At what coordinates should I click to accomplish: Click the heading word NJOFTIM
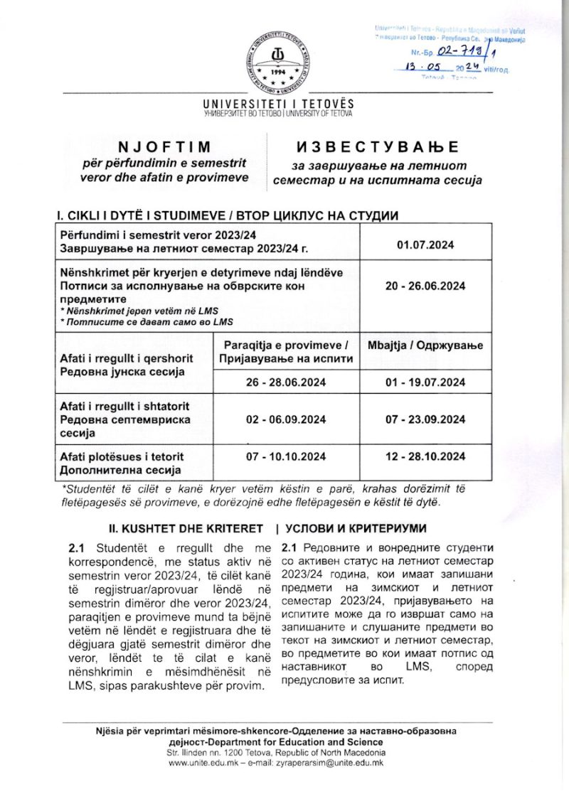[165, 147]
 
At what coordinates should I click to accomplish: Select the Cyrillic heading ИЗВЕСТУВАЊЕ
[378, 147]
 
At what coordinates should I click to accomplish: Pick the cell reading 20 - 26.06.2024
[425, 286]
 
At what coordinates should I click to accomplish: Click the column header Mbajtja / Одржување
[425, 345]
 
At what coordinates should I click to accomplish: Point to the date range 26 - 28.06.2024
[286, 382]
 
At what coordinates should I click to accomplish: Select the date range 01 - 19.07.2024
[425, 382]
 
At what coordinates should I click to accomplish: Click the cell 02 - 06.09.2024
[286, 419]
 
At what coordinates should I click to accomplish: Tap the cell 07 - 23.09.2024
[425, 419]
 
